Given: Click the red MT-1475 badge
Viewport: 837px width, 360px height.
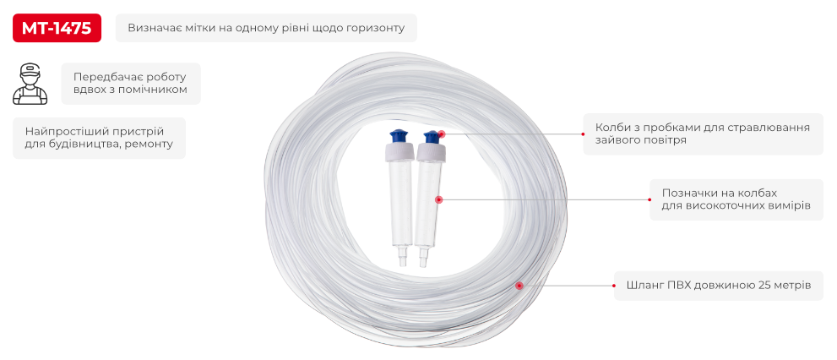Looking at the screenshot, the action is pyautogui.click(x=57, y=28).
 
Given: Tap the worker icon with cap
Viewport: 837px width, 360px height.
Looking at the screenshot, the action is pyautogui.click(x=30, y=84).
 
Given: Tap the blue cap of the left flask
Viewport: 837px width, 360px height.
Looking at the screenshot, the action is pyautogui.click(x=398, y=137).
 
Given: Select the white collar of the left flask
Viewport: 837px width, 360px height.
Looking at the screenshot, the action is pyautogui.click(x=399, y=153).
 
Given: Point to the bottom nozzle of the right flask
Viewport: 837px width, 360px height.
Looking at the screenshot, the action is pyautogui.click(x=423, y=258).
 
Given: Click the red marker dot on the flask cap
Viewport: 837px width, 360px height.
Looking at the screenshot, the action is pyautogui.click(x=441, y=134).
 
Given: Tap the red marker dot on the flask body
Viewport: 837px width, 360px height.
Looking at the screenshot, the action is pyautogui.click(x=439, y=199).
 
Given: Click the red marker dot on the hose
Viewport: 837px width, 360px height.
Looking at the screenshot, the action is pyautogui.click(x=519, y=286).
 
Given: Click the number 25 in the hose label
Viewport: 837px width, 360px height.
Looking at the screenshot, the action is pyautogui.click(x=764, y=286).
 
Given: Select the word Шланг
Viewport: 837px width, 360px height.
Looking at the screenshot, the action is pyautogui.click(x=644, y=286).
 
